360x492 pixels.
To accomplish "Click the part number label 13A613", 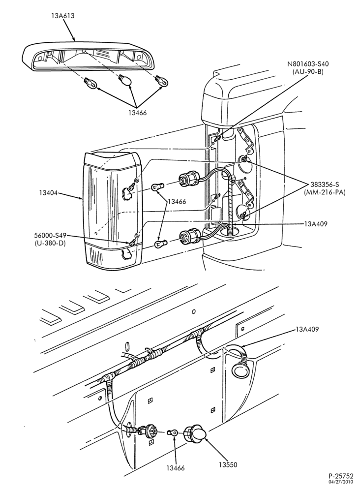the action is pyautogui.click(x=63, y=16).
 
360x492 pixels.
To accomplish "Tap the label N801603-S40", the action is pyautogui.click(x=308, y=64).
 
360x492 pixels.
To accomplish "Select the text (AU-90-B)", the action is pyautogui.click(x=308, y=72).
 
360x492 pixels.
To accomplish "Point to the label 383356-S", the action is pyautogui.click(x=324, y=184).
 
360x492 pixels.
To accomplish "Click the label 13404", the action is pyautogui.click(x=48, y=193).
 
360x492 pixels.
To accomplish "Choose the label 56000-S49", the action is pyautogui.click(x=51, y=236).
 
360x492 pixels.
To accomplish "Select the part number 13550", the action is pyautogui.click(x=229, y=465).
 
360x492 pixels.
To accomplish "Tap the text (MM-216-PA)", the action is pyautogui.click(x=324, y=192).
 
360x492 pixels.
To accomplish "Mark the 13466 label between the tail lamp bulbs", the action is pyautogui.click(x=177, y=201).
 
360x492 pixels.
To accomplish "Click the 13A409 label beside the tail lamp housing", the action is pyautogui.click(x=315, y=224).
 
